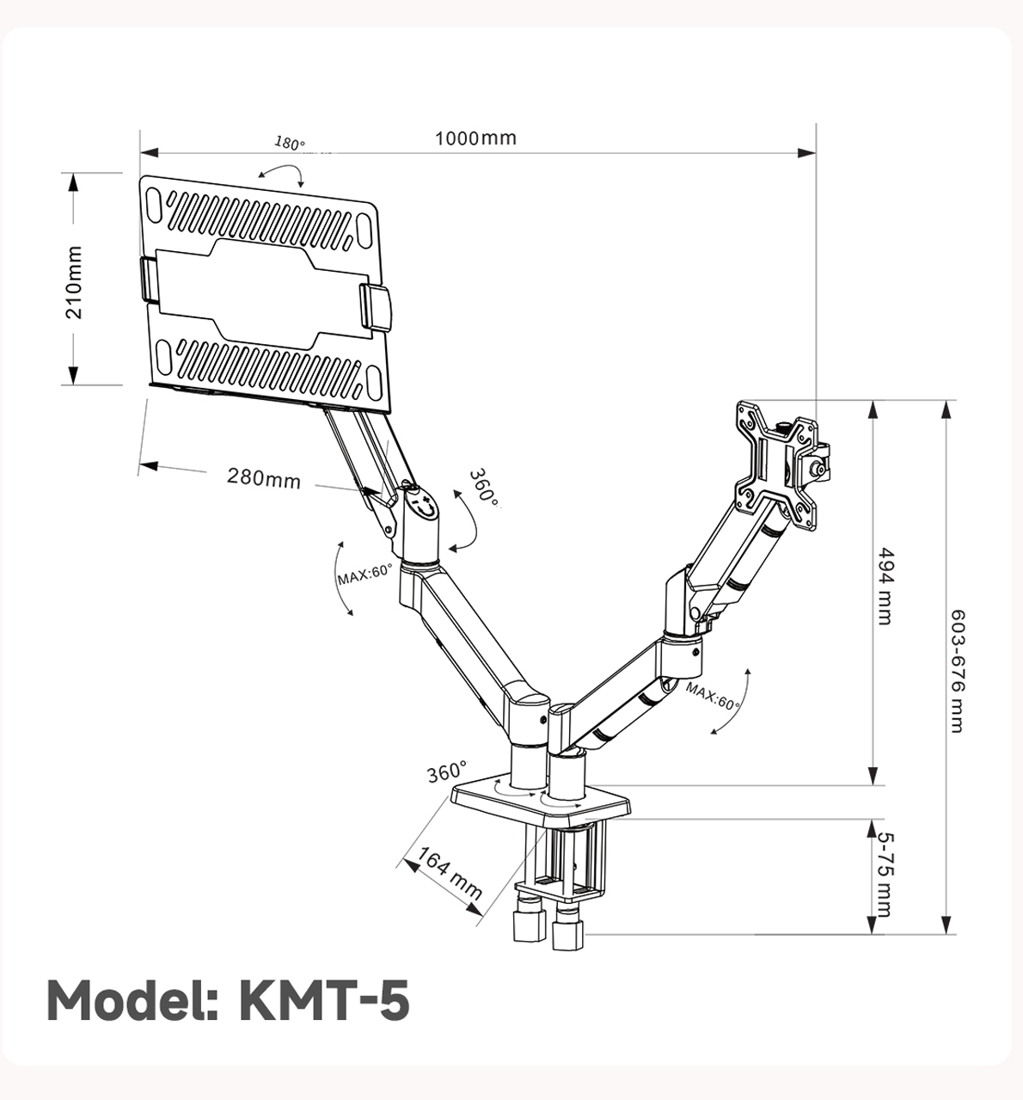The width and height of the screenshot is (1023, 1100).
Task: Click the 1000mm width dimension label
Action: pyautogui.click(x=475, y=138)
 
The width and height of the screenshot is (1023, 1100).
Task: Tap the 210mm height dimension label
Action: pyautogui.click(x=75, y=282)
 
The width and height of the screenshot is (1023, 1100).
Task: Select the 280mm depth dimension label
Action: pyautogui.click(x=264, y=477)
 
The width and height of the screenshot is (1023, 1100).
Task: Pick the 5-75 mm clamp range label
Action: pyautogui.click(x=885, y=874)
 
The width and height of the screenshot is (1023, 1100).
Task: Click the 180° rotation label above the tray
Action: pyautogui.click(x=290, y=144)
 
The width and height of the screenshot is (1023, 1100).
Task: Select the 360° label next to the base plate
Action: pyautogui.click(x=447, y=771)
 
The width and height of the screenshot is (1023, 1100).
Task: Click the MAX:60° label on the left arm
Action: pyautogui.click(x=364, y=574)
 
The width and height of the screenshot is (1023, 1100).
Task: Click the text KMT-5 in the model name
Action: pyautogui.click(x=322, y=1001)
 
